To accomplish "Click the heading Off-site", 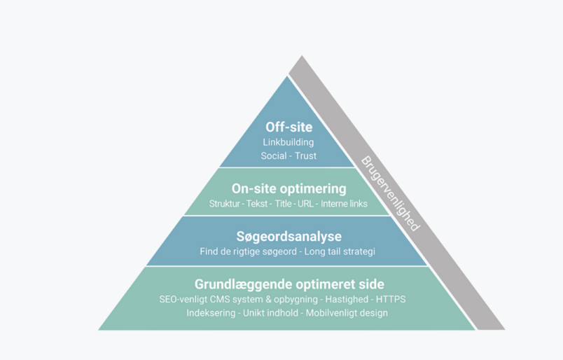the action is (289, 127).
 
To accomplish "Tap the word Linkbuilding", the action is (289, 142).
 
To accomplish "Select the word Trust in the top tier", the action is (305, 156).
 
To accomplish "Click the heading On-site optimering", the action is (289, 189).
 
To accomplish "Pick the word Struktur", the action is (224, 204).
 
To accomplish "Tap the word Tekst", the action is (257, 204).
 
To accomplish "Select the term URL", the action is (305, 204).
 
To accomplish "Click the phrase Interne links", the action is (344, 204).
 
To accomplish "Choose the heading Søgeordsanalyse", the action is (289, 237).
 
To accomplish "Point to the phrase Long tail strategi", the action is (340, 251).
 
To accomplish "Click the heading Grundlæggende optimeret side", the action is (289, 284).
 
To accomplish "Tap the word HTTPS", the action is (391, 299).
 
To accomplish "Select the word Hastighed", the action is (347, 299).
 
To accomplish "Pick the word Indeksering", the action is (211, 313).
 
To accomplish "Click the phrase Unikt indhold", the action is (270, 313).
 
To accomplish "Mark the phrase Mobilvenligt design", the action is (347, 313).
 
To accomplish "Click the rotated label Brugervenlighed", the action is (390, 193).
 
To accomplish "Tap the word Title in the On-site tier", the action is (283, 204).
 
